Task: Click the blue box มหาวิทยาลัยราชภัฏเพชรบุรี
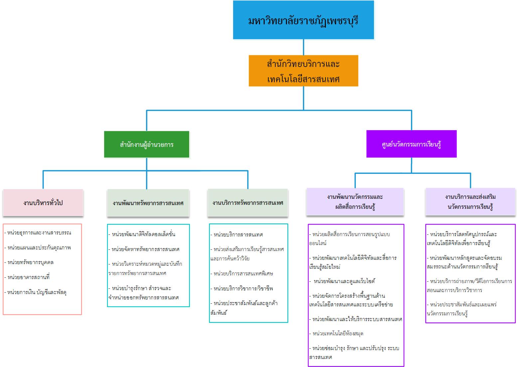tap(303, 20)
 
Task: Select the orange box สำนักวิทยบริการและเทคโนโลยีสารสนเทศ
tap(303, 71)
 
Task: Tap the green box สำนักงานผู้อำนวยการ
tap(147, 144)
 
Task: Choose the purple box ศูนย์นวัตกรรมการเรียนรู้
tap(411, 144)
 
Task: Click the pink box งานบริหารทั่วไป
tap(43, 202)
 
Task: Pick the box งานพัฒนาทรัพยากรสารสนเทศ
tap(148, 203)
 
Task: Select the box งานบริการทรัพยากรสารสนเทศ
tap(248, 202)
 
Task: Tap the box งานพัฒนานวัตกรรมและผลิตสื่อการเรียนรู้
tap(355, 201)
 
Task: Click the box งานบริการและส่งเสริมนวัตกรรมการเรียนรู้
tap(470, 201)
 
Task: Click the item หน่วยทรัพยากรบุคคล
tap(30, 262)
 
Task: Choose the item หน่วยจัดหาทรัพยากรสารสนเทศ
tap(146, 249)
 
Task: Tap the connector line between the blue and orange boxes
tap(303, 47)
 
